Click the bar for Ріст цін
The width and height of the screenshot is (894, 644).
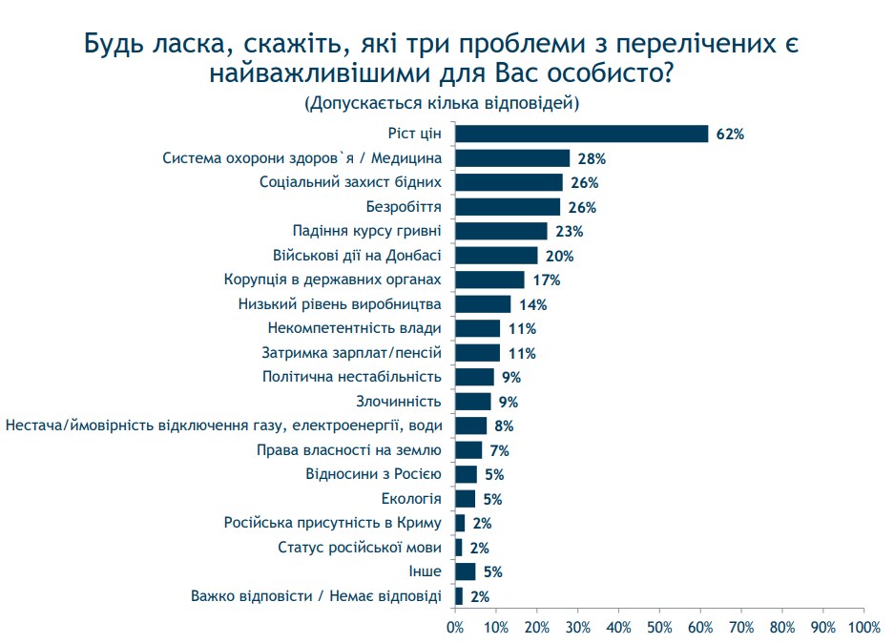click(x=581, y=134)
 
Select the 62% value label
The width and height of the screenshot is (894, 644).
click(x=730, y=135)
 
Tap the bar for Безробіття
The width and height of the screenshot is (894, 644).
click(x=508, y=207)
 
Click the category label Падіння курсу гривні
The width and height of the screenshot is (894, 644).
click(x=366, y=231)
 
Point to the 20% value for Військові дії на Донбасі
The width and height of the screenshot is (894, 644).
click(x=558, y=256)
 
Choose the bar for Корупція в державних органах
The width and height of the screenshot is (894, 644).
click(x=489, y=280)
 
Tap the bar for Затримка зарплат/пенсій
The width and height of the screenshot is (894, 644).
click(x=477, y=353)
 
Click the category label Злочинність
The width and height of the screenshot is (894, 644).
click(x=399, y=402)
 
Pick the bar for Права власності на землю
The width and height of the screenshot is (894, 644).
click(x=468, y=450)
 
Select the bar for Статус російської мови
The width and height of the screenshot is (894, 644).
click(x=459, y=548)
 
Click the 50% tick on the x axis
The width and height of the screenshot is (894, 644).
click(x=659, y=627)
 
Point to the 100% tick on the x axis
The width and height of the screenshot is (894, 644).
click(x=863, y=627)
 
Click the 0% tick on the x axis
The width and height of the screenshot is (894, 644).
click(x=455, y=627)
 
